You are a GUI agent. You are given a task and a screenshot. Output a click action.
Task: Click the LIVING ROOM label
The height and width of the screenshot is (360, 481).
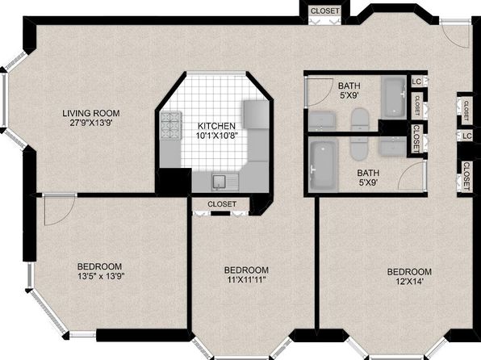(x=91, y=113)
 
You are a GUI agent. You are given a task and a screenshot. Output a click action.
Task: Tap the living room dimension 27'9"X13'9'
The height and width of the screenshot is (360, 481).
(x=91, y=123)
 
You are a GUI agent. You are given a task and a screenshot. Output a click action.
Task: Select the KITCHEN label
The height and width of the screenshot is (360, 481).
(x=216, y=126)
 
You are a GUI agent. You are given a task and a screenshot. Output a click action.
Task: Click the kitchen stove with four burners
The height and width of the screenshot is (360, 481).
(x=171, y=126)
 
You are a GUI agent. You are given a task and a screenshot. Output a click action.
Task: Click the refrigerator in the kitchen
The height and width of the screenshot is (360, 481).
(x=256, y=114)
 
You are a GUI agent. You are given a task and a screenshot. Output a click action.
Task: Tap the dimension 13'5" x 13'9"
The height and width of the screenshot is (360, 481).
(x=101, y=276)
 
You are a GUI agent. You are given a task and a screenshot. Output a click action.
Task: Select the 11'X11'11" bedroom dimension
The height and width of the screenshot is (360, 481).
(x=247, y=280)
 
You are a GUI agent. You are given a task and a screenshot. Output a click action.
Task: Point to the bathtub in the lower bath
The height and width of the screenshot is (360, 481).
(x=323, y=165)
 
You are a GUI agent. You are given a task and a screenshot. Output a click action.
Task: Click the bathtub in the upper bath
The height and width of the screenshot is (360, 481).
(x=394, y=96)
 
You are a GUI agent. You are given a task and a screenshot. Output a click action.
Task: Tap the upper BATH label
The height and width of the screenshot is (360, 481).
(x=349, y=86)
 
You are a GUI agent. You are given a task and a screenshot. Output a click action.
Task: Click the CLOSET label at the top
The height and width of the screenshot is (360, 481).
(x=325, y=11)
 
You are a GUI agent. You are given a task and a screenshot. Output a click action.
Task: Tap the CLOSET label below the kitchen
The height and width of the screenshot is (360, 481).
(x=222, y=204)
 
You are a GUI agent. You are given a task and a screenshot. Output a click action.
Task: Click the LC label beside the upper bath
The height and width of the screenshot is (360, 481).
(x=416, y=82)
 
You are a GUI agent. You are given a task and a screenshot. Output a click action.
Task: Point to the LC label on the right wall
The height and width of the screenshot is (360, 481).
(x=467, y=136)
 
